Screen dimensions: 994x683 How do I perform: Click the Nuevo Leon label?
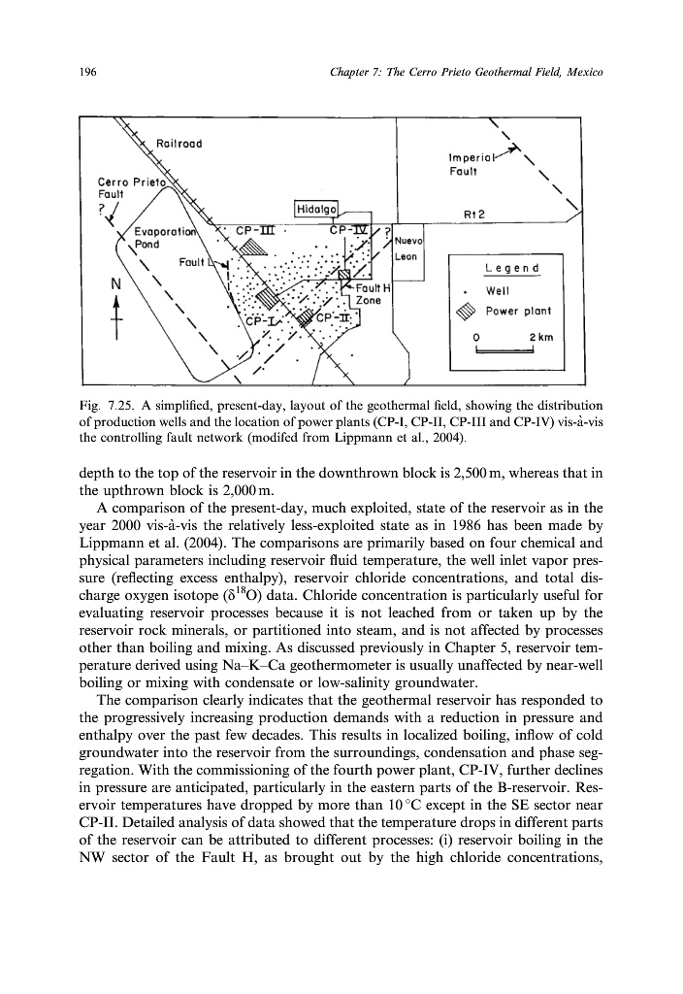tap(407, 248)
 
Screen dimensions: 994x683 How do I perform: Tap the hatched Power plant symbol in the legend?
tap(472, 312)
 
